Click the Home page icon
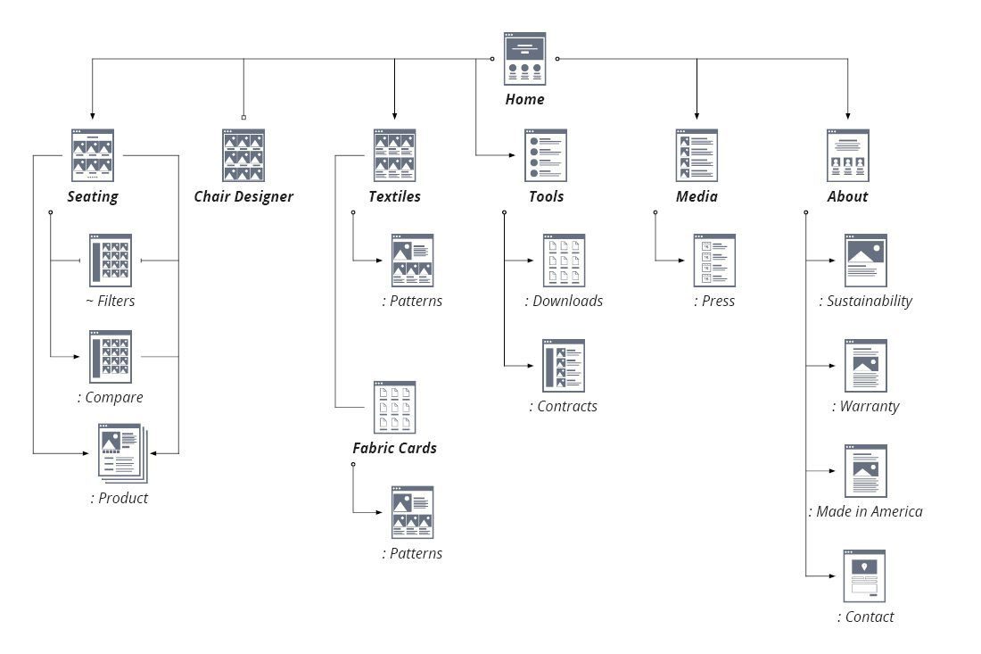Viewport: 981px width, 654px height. click(524, 59)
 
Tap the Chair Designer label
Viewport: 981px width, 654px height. click(243, 197)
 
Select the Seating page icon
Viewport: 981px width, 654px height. click(93, 155)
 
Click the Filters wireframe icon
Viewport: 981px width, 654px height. click(111, 260)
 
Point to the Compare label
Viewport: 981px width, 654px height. click(111, 397)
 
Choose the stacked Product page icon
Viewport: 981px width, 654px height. click(122, 452)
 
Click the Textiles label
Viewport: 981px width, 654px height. click(394, 197)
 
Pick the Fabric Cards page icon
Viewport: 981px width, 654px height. click(394, 408)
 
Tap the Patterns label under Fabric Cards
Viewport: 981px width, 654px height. click(412, 554)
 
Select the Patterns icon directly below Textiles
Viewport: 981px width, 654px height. click(412, 260)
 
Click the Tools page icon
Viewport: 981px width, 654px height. click(546, 155)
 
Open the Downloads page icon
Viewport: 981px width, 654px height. click(564, 260)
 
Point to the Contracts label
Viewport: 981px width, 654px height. click(563, 407)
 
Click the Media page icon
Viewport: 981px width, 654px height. click(697, 155)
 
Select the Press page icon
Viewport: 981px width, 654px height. click(714, 260)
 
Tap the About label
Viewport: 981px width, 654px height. click(847, 197)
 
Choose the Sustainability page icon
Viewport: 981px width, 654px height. click(865, 260)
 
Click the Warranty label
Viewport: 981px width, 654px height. click(865, 407)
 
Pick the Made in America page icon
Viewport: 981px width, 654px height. click(865, 470)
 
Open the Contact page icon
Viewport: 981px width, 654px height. click(865, 575)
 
